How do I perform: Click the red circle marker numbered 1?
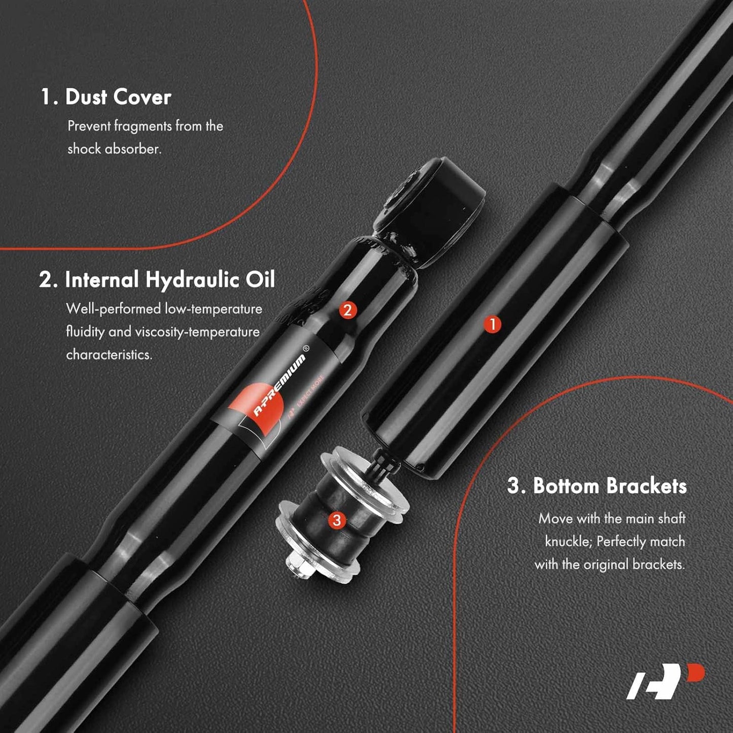coord(493,325)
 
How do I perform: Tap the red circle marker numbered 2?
coord(347,310)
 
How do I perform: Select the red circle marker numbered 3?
coord(337,519)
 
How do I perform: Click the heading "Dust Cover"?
coord(118,97)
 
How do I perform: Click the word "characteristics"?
coord(109,355)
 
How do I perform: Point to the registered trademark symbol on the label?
coord(305,347)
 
